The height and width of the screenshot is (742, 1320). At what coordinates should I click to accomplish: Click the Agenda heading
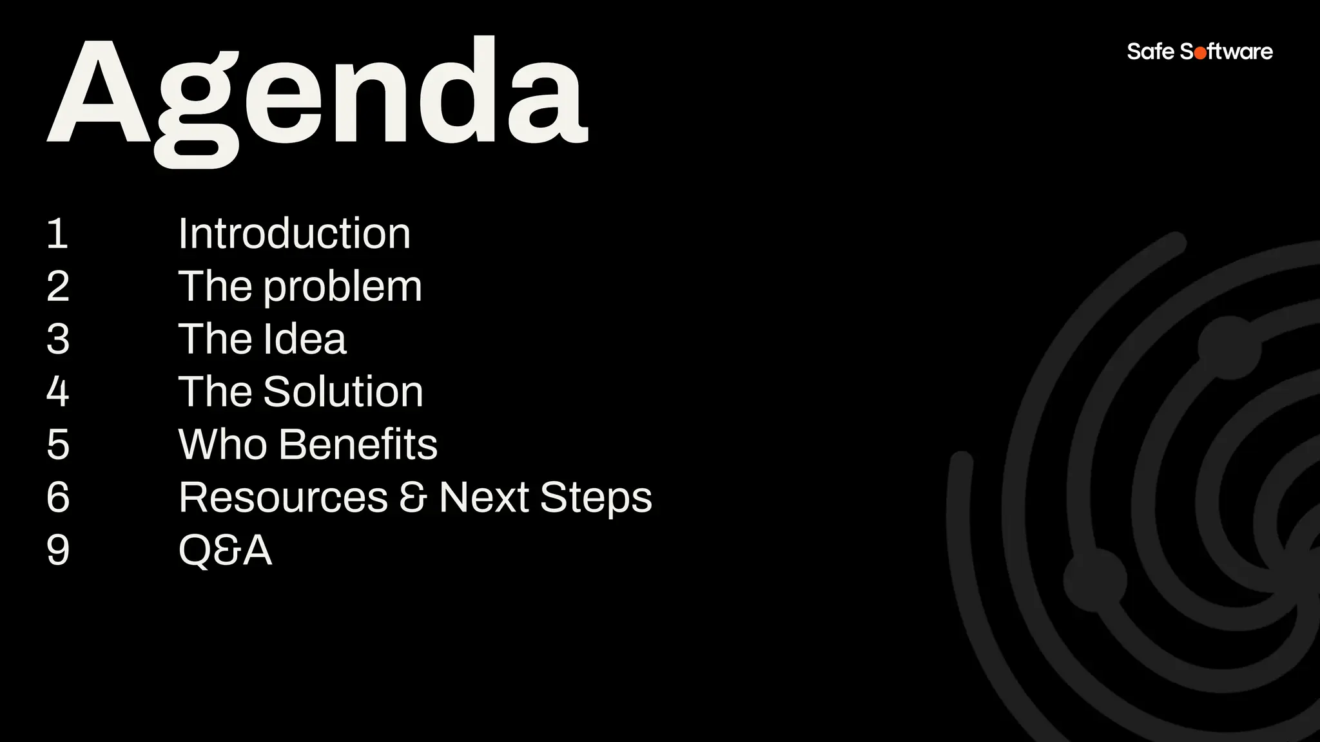coord(317,97)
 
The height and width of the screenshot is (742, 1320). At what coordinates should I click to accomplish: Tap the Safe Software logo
coord(1199,52)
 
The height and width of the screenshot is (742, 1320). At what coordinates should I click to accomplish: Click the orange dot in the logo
coord(1200,53)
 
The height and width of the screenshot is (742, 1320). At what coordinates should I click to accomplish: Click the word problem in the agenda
coord(342,287)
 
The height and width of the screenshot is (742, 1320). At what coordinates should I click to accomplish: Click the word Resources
coord(283,497)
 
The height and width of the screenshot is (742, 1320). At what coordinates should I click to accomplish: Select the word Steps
coord(596,499)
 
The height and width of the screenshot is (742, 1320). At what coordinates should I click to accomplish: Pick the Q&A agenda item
coord(225,551)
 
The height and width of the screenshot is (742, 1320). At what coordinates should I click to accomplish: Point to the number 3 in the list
coord(58,339)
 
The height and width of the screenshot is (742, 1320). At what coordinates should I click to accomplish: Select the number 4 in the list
coord(58,392)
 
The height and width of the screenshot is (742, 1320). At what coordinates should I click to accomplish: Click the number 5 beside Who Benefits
coord(58,444)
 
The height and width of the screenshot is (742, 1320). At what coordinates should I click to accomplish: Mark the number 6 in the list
coord(58,497)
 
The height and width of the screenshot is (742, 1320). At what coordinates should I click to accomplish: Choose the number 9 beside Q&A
coord(58,550)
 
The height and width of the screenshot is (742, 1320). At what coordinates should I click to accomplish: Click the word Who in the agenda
coord(222,444)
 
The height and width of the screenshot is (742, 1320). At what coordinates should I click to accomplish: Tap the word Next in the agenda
coord(483,497)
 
